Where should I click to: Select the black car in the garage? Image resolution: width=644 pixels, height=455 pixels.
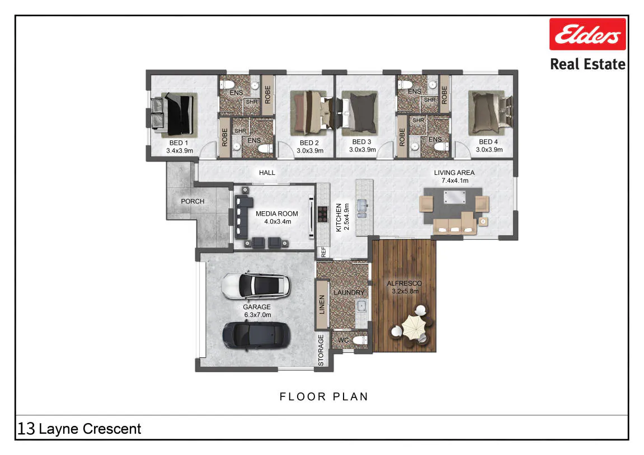point(257,335)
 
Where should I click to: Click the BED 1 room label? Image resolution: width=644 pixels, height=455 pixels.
point(178,143)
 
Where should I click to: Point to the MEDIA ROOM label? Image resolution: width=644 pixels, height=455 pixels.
point(277,214)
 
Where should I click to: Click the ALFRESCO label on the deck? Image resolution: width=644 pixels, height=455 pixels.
point(404,283)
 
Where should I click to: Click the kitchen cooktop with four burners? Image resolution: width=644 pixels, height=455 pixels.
point(323,214)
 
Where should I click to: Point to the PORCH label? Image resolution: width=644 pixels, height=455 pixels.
point(192,201)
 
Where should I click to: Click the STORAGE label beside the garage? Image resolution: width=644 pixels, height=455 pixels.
point(321,350)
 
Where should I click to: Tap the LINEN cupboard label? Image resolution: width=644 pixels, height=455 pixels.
point(322,304)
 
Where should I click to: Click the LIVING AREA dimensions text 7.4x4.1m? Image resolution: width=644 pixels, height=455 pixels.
point(455,181)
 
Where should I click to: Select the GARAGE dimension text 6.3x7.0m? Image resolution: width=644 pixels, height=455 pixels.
point(257,315)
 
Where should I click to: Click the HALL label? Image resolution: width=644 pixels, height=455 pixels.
point(267,173)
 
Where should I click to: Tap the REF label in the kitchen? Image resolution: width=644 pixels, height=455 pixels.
point(323,252)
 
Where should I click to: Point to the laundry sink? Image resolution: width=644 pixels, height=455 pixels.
point(361,306)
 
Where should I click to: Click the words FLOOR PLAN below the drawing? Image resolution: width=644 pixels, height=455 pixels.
point(323,397)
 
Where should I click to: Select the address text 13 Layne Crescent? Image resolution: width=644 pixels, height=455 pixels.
point(79,429)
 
